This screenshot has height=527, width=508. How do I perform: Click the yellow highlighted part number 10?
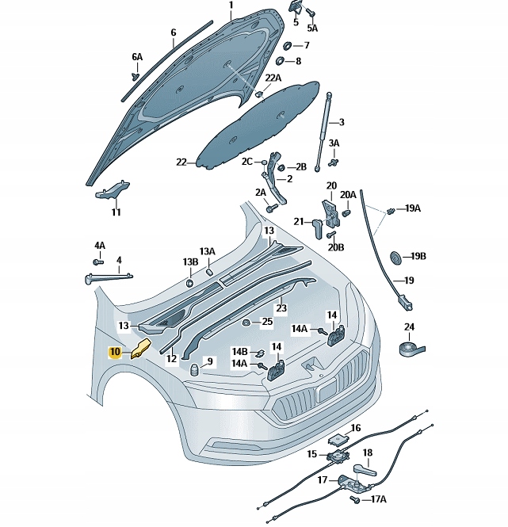[x=116, y=351]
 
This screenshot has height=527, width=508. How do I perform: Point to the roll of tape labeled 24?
[x=411, y=345]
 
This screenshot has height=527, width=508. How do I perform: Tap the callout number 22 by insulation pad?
[x=181, y=162]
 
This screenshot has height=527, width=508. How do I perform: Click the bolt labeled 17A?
[x=356, y=500]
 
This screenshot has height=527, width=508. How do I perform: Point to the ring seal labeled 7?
[x=286, y=45]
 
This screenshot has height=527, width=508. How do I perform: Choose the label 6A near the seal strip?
[x=137, y=57]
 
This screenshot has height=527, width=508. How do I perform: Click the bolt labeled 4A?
[x=99, y=261]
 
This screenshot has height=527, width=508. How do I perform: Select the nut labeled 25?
[x=246, y=322]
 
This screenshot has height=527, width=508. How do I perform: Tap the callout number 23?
[x=281, y=307]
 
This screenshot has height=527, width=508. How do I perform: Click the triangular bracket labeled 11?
[x=112, y=189]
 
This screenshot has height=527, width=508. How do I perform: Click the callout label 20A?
[x=349, y=194]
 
